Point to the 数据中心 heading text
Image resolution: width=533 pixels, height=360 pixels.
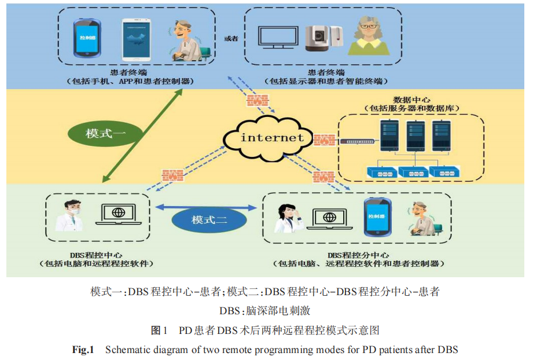[x=411, y=100]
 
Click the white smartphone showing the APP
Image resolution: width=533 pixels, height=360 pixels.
[x=137, y=39]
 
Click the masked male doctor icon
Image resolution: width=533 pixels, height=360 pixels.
[x=68, y=215]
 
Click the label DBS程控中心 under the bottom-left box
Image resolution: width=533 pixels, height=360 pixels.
[x=95, y=255]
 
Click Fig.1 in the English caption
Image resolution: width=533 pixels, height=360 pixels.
[x=83, y=349]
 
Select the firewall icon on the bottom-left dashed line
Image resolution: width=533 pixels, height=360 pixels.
[x=172, y=174]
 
